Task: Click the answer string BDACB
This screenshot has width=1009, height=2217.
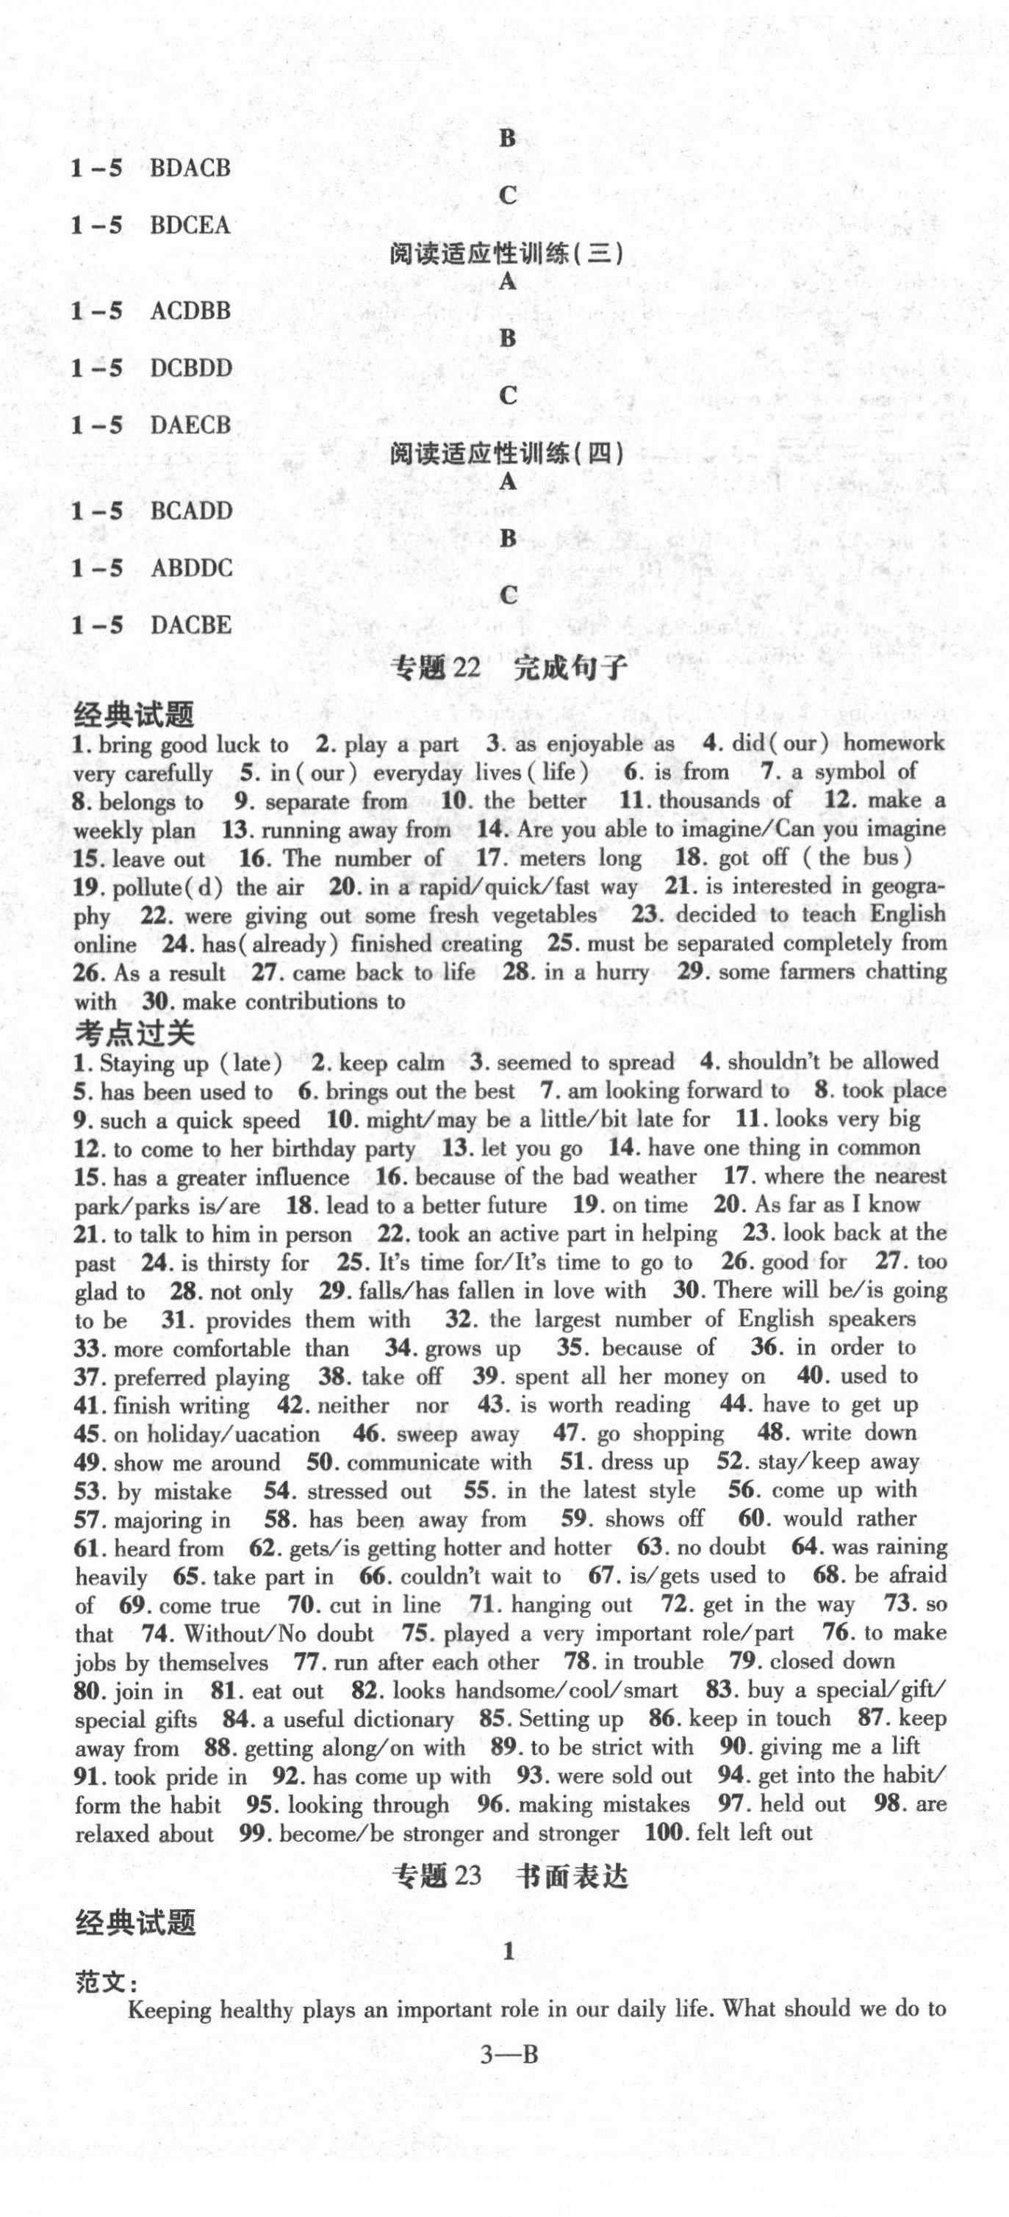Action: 190,167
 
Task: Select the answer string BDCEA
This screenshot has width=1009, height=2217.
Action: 190,225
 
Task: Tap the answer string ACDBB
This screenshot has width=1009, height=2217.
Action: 190,310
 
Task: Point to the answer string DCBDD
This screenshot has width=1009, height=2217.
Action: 191,367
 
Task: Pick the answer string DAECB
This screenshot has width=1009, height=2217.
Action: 190,425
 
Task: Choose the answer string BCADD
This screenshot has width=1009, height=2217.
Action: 191,511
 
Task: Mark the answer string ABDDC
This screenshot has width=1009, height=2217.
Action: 191,567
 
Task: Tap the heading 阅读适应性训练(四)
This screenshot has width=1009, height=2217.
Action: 506,453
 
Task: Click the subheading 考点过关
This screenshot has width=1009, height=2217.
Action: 134,1032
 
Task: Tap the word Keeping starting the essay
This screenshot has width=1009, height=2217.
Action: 170,2011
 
